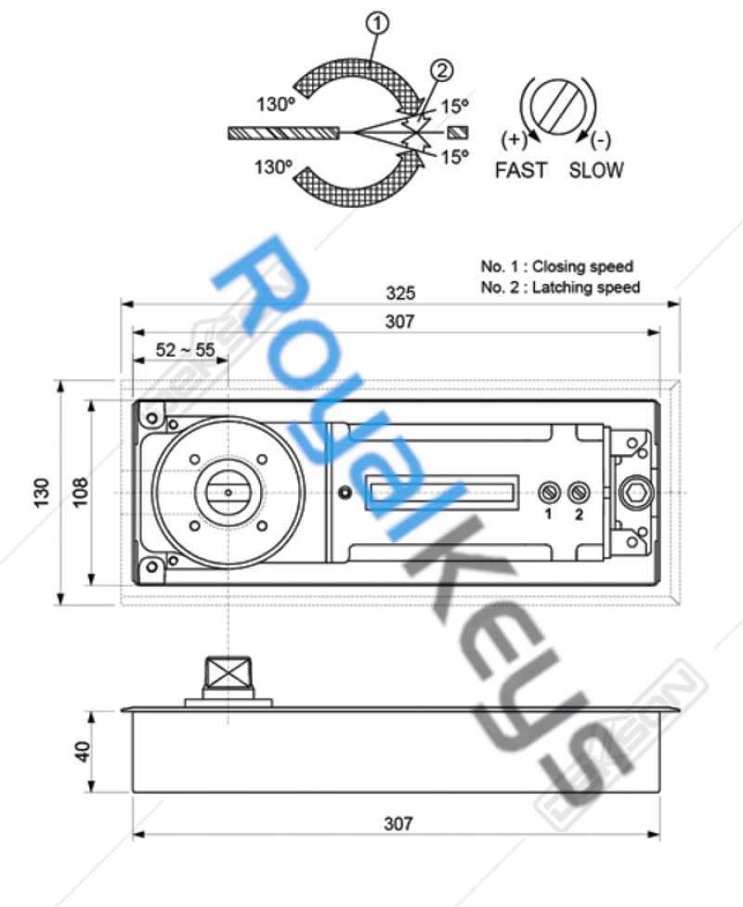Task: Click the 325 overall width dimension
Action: tap(400, 292)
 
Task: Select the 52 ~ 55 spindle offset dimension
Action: tap(185, 349)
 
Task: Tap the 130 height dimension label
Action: tap(42, 493)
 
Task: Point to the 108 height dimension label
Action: tap(80, 492)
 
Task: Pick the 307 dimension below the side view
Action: tap(398, 823)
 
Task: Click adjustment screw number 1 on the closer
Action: tap(548, 493)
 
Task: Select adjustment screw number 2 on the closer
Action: tap(578, 493)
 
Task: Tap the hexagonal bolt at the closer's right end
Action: tap(636, 493)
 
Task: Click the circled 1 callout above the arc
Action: tap(377, 24)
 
